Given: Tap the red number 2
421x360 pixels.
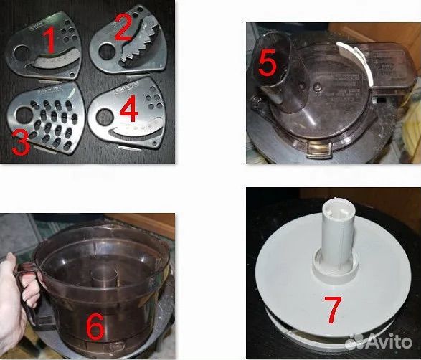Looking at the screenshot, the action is (x=123, y=27).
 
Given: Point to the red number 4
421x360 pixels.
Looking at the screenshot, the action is (x=129, y=110).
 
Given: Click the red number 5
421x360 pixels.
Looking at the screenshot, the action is (x=267, y=62).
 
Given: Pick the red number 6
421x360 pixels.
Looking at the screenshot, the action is (x=95, y=326).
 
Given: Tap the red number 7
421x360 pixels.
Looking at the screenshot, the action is (x=334, y=310).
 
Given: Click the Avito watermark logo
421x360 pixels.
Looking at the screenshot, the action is (x=378, y=342).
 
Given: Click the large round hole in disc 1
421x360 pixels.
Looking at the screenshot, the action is (x=22, y=52).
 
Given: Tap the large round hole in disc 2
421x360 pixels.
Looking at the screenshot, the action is (x=107, y=51).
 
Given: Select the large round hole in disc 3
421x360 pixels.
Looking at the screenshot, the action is (x=24, y=115).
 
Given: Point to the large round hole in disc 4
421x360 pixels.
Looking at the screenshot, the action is (x=105, y=118).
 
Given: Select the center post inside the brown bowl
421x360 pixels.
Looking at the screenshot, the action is (x=104, y=277).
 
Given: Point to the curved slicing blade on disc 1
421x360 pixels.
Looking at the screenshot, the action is (x=54, y=60).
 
